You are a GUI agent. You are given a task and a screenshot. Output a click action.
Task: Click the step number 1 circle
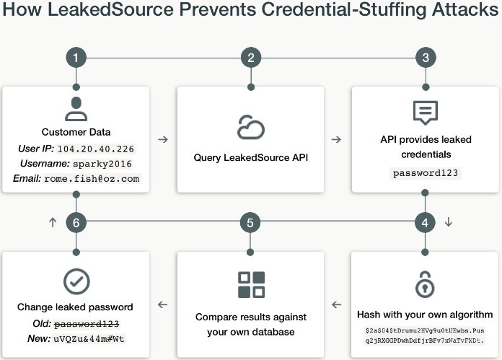[76, 58]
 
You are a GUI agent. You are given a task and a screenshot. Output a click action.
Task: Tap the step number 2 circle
[251, 58]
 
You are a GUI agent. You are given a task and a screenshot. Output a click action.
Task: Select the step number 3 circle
[426, 58]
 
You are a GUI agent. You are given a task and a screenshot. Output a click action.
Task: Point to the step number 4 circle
[425, 223]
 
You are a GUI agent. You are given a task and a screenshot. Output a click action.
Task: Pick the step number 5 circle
[250, 223]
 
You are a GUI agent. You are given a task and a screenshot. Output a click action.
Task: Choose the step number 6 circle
[76, 223]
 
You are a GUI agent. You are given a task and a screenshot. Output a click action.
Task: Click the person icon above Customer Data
[76, 109]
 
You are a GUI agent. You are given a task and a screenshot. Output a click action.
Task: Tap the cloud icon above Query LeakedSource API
[251, 127]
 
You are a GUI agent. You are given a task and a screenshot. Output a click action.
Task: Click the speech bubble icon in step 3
[426, 113]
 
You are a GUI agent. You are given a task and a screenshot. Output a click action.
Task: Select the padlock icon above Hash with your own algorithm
[425, 284]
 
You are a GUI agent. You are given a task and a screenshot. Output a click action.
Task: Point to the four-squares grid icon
[251, 285]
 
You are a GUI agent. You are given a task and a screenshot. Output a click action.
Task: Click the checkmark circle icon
[76, 281]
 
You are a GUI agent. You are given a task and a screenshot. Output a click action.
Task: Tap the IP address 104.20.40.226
[96, 149]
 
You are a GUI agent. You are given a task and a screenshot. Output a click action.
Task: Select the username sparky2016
[102, 164]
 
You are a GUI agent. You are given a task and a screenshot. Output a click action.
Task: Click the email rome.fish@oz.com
[92, 179]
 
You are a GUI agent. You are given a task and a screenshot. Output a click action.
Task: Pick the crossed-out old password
[87, 324]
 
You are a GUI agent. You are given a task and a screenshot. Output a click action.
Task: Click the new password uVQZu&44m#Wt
[89, 339]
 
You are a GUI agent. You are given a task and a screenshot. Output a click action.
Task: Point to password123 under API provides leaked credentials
[426, 173]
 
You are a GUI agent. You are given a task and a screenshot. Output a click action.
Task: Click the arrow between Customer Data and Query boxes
[163, 139]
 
